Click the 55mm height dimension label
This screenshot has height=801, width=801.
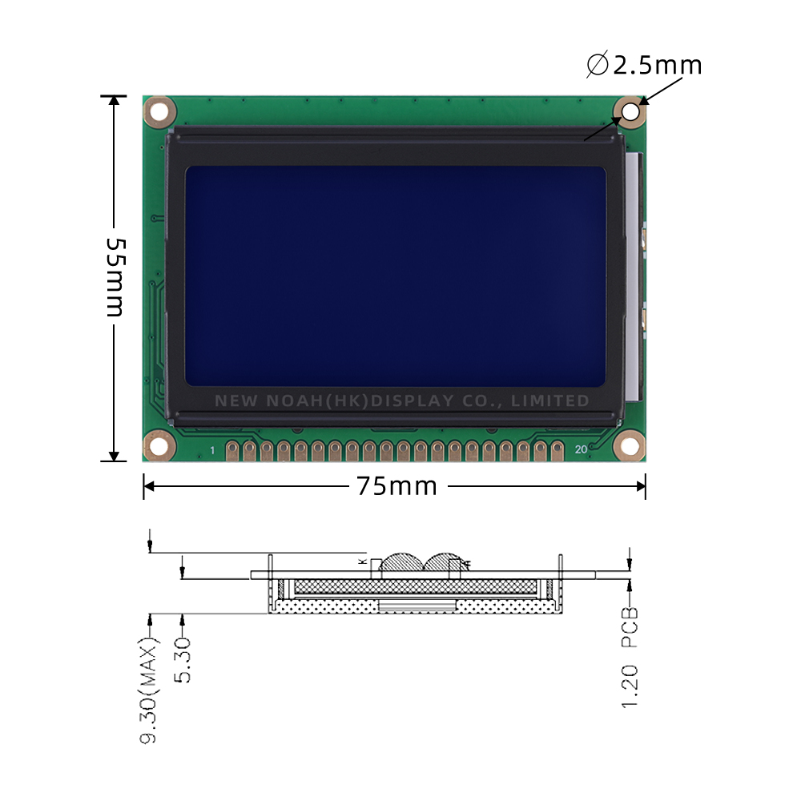(115, 277)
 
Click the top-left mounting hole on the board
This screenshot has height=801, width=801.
(159, 111)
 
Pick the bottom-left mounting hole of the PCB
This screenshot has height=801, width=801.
(159, 445)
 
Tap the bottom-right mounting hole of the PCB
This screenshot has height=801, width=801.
(629, 445)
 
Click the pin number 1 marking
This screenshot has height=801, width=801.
(212, 451)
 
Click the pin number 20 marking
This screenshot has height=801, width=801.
(581, 450)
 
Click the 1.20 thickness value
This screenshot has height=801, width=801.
(630, 686)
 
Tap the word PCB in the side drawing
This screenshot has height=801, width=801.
(630, 627)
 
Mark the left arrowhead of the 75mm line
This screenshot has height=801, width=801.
(149, 485)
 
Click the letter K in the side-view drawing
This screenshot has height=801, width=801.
(362, 562)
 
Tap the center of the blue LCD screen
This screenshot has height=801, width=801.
(395, 276)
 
